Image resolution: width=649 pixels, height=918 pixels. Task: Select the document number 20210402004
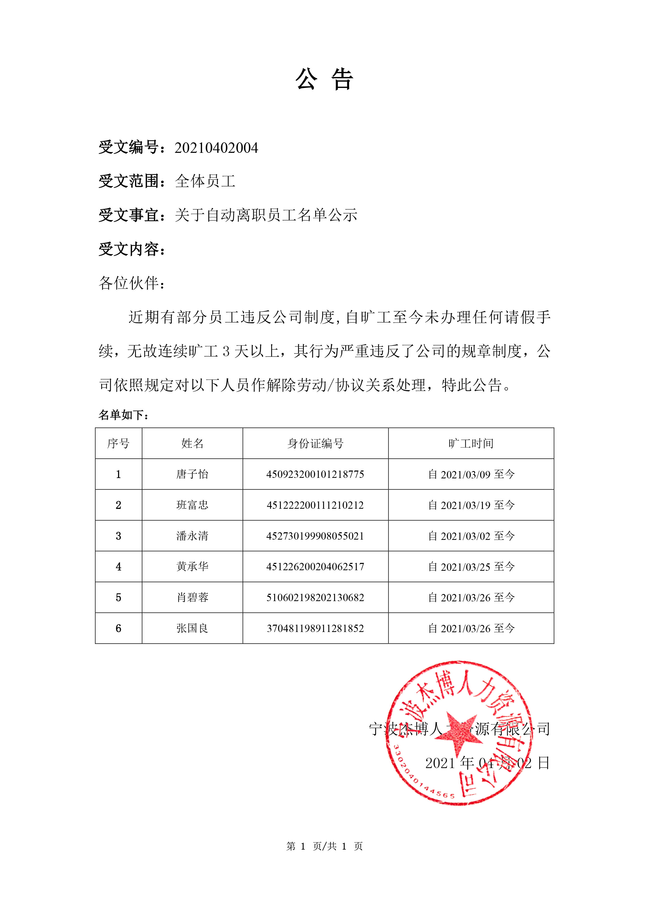tap(216, 148)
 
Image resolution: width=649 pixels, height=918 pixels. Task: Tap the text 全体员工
tap(205, 182)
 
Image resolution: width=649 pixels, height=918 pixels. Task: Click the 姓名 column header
tap(192, 443)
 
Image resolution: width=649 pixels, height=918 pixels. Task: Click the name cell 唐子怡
tap(192, 474)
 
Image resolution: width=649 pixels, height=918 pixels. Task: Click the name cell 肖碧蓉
tap(192, 597)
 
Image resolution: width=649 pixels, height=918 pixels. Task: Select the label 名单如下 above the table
tap(123, 415)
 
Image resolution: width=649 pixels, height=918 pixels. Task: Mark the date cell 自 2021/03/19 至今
tap(471, 505)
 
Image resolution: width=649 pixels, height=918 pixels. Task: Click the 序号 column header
tap(118, 443)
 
